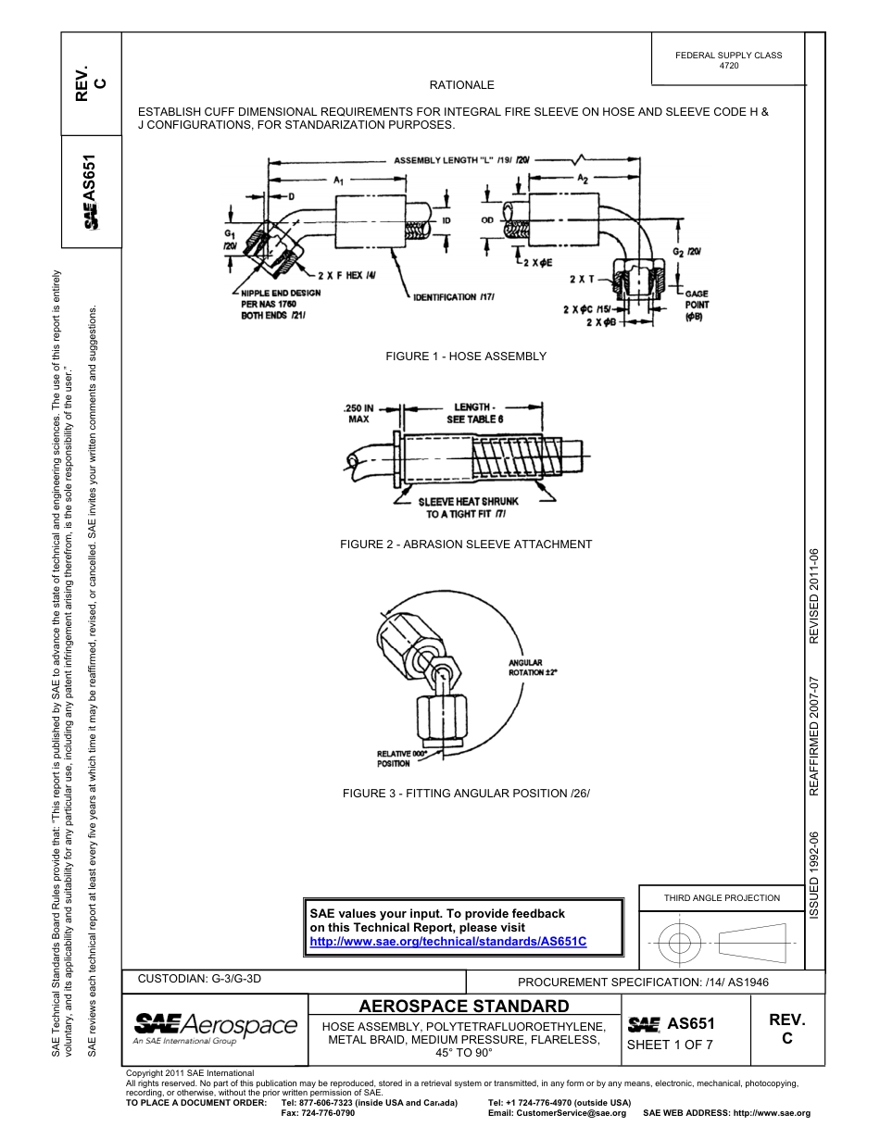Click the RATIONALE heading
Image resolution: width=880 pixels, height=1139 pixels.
pyautogui.click(x=461, y=85)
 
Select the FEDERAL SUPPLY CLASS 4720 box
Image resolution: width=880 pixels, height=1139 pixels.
pyautogui.click(x=728, y=60)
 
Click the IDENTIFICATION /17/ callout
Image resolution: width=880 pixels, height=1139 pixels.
pyautogui.click(x=454, y=296)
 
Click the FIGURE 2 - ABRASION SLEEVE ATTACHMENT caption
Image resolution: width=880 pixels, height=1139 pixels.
pyautogui.click(x=466, y=544)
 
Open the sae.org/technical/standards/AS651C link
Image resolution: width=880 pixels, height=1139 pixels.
pyautogui.click(x=448, y=941)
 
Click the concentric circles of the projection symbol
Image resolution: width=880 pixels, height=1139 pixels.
pyautogui.click(x=680, y=944)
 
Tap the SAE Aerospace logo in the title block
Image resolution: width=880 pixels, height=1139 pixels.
pyautogui.click(x=216, y=1026)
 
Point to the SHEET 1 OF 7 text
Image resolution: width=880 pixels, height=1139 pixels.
pyautogui.click(x=670, y=1045)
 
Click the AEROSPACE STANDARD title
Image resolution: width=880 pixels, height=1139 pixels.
pyautogui.click(x=463, y=1007)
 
